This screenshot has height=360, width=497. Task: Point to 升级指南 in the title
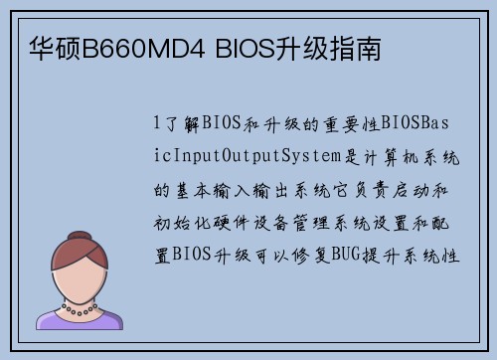pyautogui.click(x=321, y=49)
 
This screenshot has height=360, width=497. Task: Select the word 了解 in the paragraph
pyautogui.click(x=179, y=123)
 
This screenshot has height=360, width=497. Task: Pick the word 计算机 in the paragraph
pyautogui.click(x=406, y=157)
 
